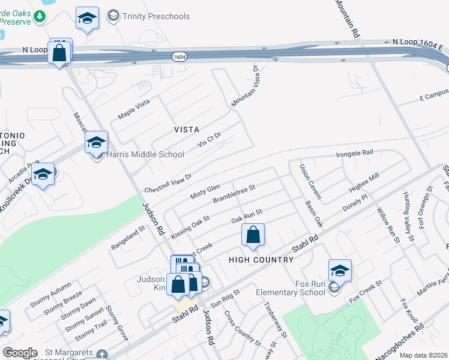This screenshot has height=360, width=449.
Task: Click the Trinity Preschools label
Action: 155,16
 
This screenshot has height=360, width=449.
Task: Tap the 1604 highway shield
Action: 178,56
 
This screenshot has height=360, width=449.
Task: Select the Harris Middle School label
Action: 145,154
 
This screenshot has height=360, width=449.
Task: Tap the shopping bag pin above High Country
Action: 253,236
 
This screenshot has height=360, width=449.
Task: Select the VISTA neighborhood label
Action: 186,130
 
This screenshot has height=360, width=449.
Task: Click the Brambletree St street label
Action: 234,193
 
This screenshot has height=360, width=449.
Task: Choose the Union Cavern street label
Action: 310,182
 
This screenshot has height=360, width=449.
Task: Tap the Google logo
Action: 20,353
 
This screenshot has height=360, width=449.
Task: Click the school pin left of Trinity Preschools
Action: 87,19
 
